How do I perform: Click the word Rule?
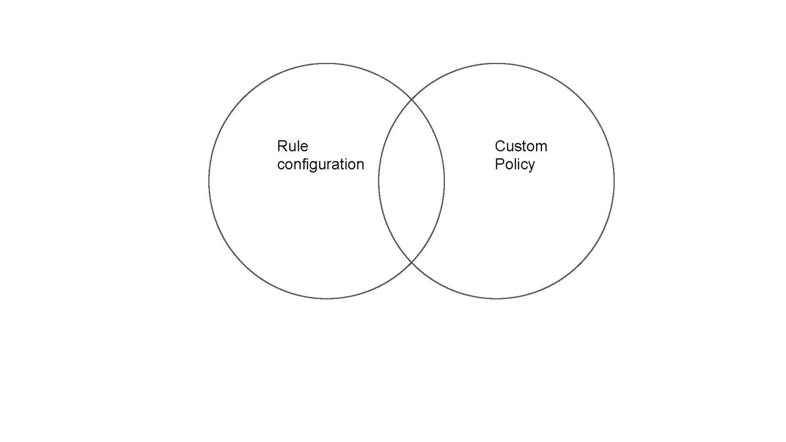coord(292,146)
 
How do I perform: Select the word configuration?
coord(320,164)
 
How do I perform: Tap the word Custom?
coord(521,146)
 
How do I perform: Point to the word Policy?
coord(515,164)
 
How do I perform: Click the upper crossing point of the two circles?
coord(411,100)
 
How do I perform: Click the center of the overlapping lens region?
coord(411,181)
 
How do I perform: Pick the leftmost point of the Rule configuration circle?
coord(209,181)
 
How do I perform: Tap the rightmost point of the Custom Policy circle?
coord(614,181)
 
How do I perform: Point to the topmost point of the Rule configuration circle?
coord(326,63)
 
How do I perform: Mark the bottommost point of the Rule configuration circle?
coord(326,299)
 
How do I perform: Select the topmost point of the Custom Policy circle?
coord(496,63)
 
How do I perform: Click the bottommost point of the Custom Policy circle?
coord(496,299)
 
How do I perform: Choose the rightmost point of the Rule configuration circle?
coord(444,181)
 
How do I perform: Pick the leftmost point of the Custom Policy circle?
coord(378,181)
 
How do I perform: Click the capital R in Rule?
coord(281,146)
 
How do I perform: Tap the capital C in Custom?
coord(500,146)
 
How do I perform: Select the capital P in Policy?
coord(499,164)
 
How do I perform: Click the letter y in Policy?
coord(531,166)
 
